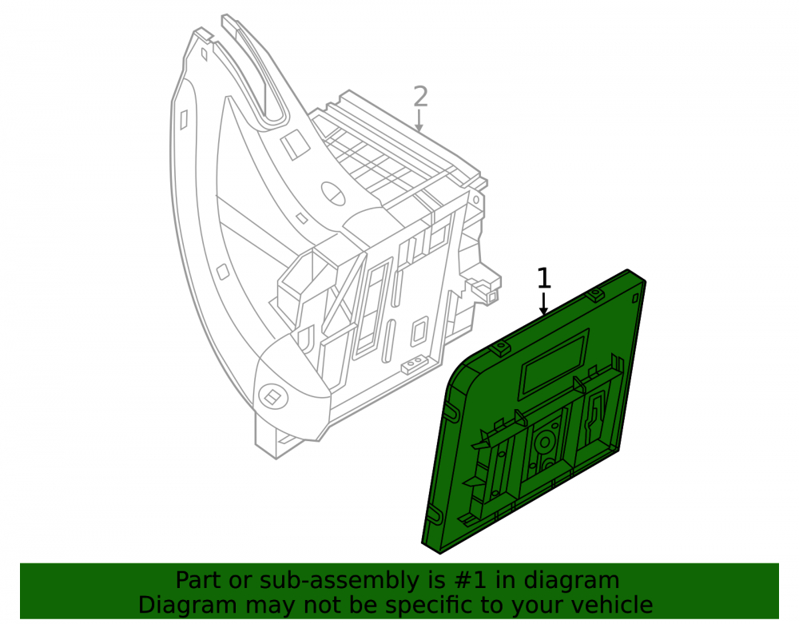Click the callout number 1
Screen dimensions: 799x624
[544, 279]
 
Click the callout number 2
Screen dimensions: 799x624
[420, 97]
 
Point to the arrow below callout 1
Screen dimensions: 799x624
[543, 304]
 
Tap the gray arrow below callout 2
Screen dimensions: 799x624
[419, 121]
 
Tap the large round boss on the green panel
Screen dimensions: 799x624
[545, 441]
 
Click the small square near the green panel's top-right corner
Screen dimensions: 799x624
[635, 298]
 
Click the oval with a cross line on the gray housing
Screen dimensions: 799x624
[333, 193]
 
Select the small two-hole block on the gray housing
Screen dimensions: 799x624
[413, 364]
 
